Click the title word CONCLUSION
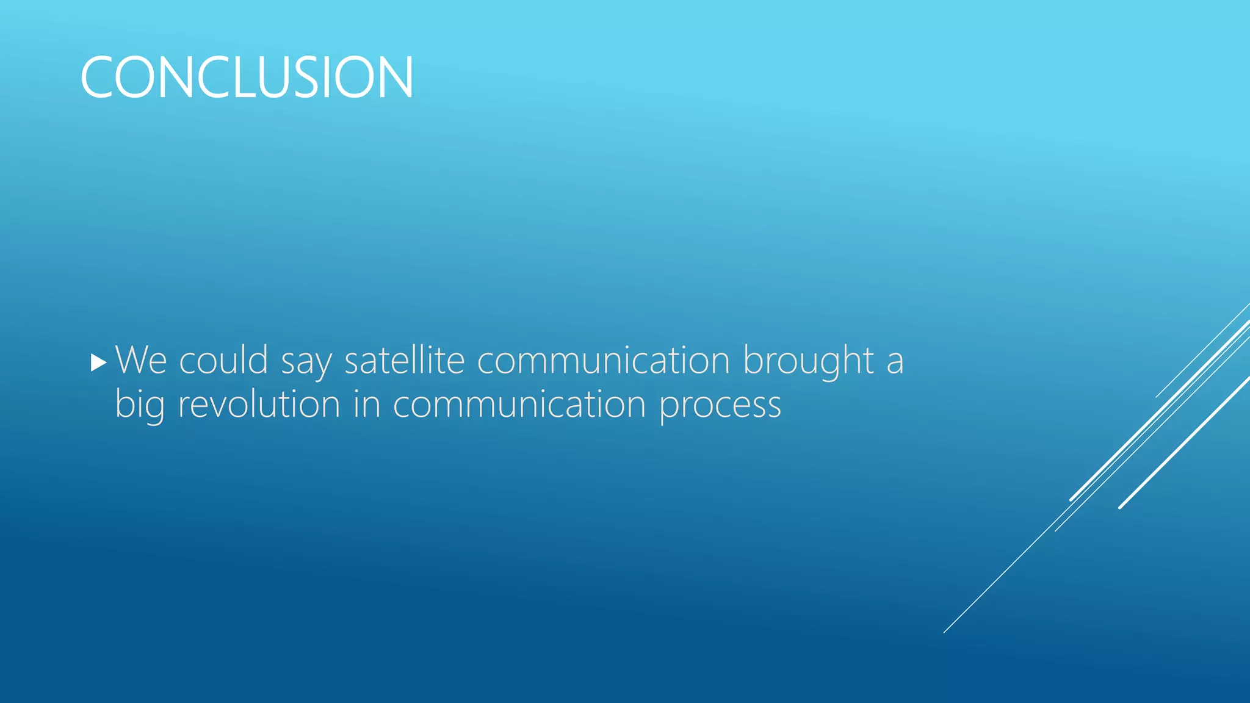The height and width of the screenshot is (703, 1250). click(x=247, y=77)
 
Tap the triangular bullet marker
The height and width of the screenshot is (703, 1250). click(x=98, y=363)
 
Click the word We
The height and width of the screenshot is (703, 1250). click(x=141, y=360)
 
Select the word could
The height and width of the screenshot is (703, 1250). click(x=223, y=360)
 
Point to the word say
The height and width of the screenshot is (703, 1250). click(x=306, y=361)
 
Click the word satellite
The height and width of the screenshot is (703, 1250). click(x=404, y=360)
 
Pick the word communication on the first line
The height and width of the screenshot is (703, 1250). click(x=603, y=360)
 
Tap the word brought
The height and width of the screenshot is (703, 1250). click(x=808, y=360)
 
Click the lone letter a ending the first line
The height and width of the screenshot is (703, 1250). click(x=895, y=361)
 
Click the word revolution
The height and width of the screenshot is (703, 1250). click(x=259, y=404)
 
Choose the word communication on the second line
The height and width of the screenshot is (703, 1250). click(x=519, y=404)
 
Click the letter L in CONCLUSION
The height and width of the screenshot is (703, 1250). click(x=239, y=77)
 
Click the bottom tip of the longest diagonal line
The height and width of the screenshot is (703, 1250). click(x=944, y=632)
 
